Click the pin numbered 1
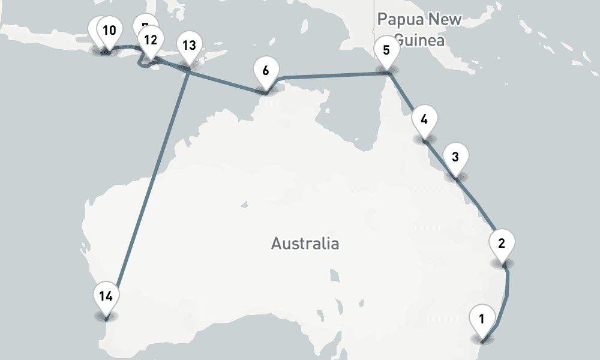click(481, 317)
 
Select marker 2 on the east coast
click(502, 244)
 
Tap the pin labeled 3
click(455, 158)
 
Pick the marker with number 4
click(424, 119)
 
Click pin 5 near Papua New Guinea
click(386, 50)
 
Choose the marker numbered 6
click(266, 70)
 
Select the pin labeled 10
click(109, 30)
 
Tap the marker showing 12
click(151, 40)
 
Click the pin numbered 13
click(188, 46)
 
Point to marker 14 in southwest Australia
click(106, 296)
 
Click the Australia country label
click(305, 244)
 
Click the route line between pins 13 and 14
click(150, 186)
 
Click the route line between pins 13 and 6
click(228, 82)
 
